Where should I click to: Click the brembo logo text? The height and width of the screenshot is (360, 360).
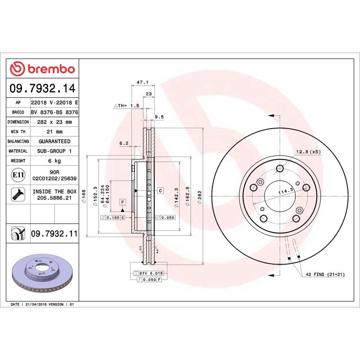pos(51,69)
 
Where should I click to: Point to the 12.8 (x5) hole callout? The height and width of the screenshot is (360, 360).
pos(308,152)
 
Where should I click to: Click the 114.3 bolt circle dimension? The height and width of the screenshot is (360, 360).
pos(285,192)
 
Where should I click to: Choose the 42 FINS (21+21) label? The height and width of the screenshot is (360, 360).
pos(325,274)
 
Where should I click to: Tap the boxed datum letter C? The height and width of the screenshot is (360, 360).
pos(160,191)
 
